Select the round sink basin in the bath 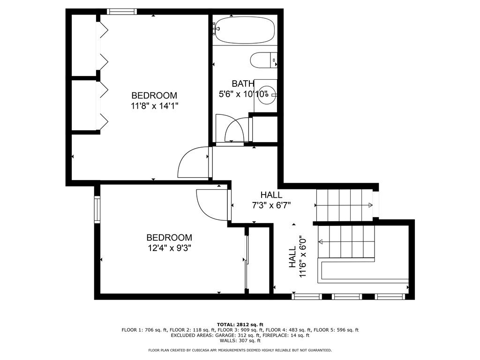267,94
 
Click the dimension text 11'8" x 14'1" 154,106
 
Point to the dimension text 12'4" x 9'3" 169,248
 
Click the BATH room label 243,84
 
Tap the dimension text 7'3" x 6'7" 271,205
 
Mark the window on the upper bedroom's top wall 121,11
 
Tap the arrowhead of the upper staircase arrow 370,205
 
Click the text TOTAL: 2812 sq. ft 240,324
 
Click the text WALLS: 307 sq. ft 240,341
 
